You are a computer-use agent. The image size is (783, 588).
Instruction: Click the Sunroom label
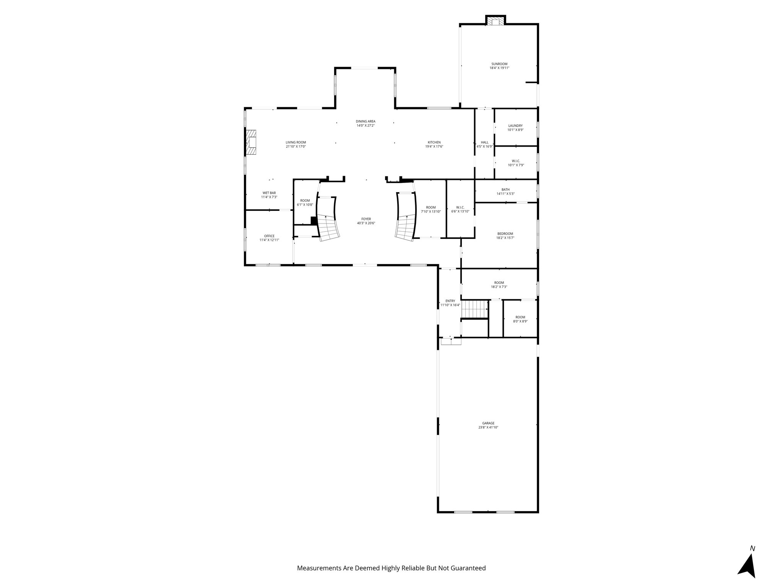[499, 64]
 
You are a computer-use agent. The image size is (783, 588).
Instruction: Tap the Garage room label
[488, 423]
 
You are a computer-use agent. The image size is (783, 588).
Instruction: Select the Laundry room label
[515, 126]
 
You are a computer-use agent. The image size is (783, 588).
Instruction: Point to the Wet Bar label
[269, 193]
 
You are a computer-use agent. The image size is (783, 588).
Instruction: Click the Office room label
[269, 236]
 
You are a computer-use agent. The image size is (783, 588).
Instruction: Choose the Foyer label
[366, 219]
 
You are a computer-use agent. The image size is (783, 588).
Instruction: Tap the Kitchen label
[434, 142]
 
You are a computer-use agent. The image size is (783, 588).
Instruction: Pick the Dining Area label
[366, 121]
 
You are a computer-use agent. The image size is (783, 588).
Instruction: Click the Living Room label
[296, 142]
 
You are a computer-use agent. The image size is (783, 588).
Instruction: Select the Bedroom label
[505, 234]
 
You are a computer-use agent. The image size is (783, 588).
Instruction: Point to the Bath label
[505, 189]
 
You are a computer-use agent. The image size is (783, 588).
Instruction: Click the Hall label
[484, 142]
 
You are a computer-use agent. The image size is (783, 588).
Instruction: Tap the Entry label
[450, 301]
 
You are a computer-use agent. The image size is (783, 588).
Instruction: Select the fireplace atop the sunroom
[495, 21]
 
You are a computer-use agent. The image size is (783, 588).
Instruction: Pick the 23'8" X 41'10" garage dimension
[488, 427]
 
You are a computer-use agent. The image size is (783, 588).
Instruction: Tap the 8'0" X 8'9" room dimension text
[520, 321]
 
